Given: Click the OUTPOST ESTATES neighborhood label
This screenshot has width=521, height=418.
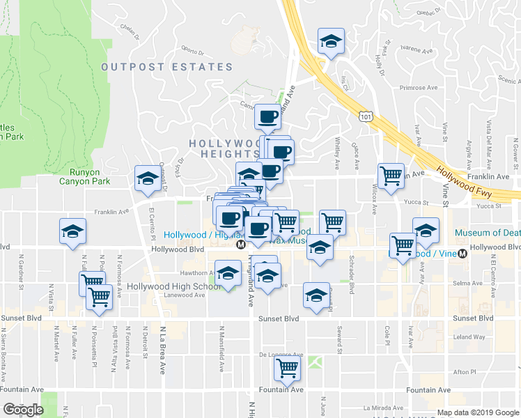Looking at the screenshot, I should (166, 67).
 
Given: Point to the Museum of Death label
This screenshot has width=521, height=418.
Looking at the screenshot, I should (487, 233).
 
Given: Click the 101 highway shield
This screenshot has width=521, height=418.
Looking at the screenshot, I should (366, 115).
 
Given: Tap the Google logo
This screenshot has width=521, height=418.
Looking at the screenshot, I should (23, 410).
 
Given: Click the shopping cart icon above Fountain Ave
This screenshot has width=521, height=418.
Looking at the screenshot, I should (286, 369).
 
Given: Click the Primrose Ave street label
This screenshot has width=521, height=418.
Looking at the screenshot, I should (418, 88).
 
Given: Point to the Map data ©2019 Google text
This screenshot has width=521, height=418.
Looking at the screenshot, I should (478, 412).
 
